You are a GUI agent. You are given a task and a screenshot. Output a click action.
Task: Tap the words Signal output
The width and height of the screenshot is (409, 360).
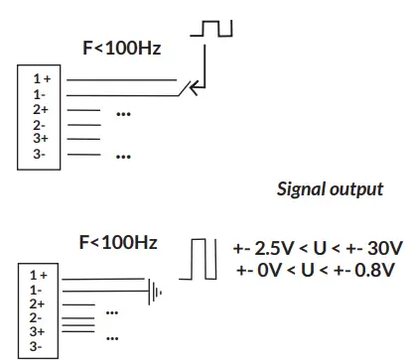[331, 188]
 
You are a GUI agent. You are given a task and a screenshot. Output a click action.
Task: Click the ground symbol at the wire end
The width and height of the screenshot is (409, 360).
[154, 291]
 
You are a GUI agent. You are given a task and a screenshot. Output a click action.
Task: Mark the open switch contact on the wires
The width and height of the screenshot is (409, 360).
[186, 89]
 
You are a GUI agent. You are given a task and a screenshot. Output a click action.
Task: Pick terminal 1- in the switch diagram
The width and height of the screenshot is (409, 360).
[40, 92]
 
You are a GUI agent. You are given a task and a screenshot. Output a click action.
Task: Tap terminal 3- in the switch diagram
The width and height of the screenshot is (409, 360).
[40, 155]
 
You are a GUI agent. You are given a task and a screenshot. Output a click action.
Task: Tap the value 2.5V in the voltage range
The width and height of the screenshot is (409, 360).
[274, 248]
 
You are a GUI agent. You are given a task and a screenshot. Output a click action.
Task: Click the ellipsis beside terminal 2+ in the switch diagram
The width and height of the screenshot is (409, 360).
[124, 111]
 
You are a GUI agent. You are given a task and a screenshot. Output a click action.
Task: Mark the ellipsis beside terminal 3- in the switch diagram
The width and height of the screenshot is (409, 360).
[124, 154]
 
